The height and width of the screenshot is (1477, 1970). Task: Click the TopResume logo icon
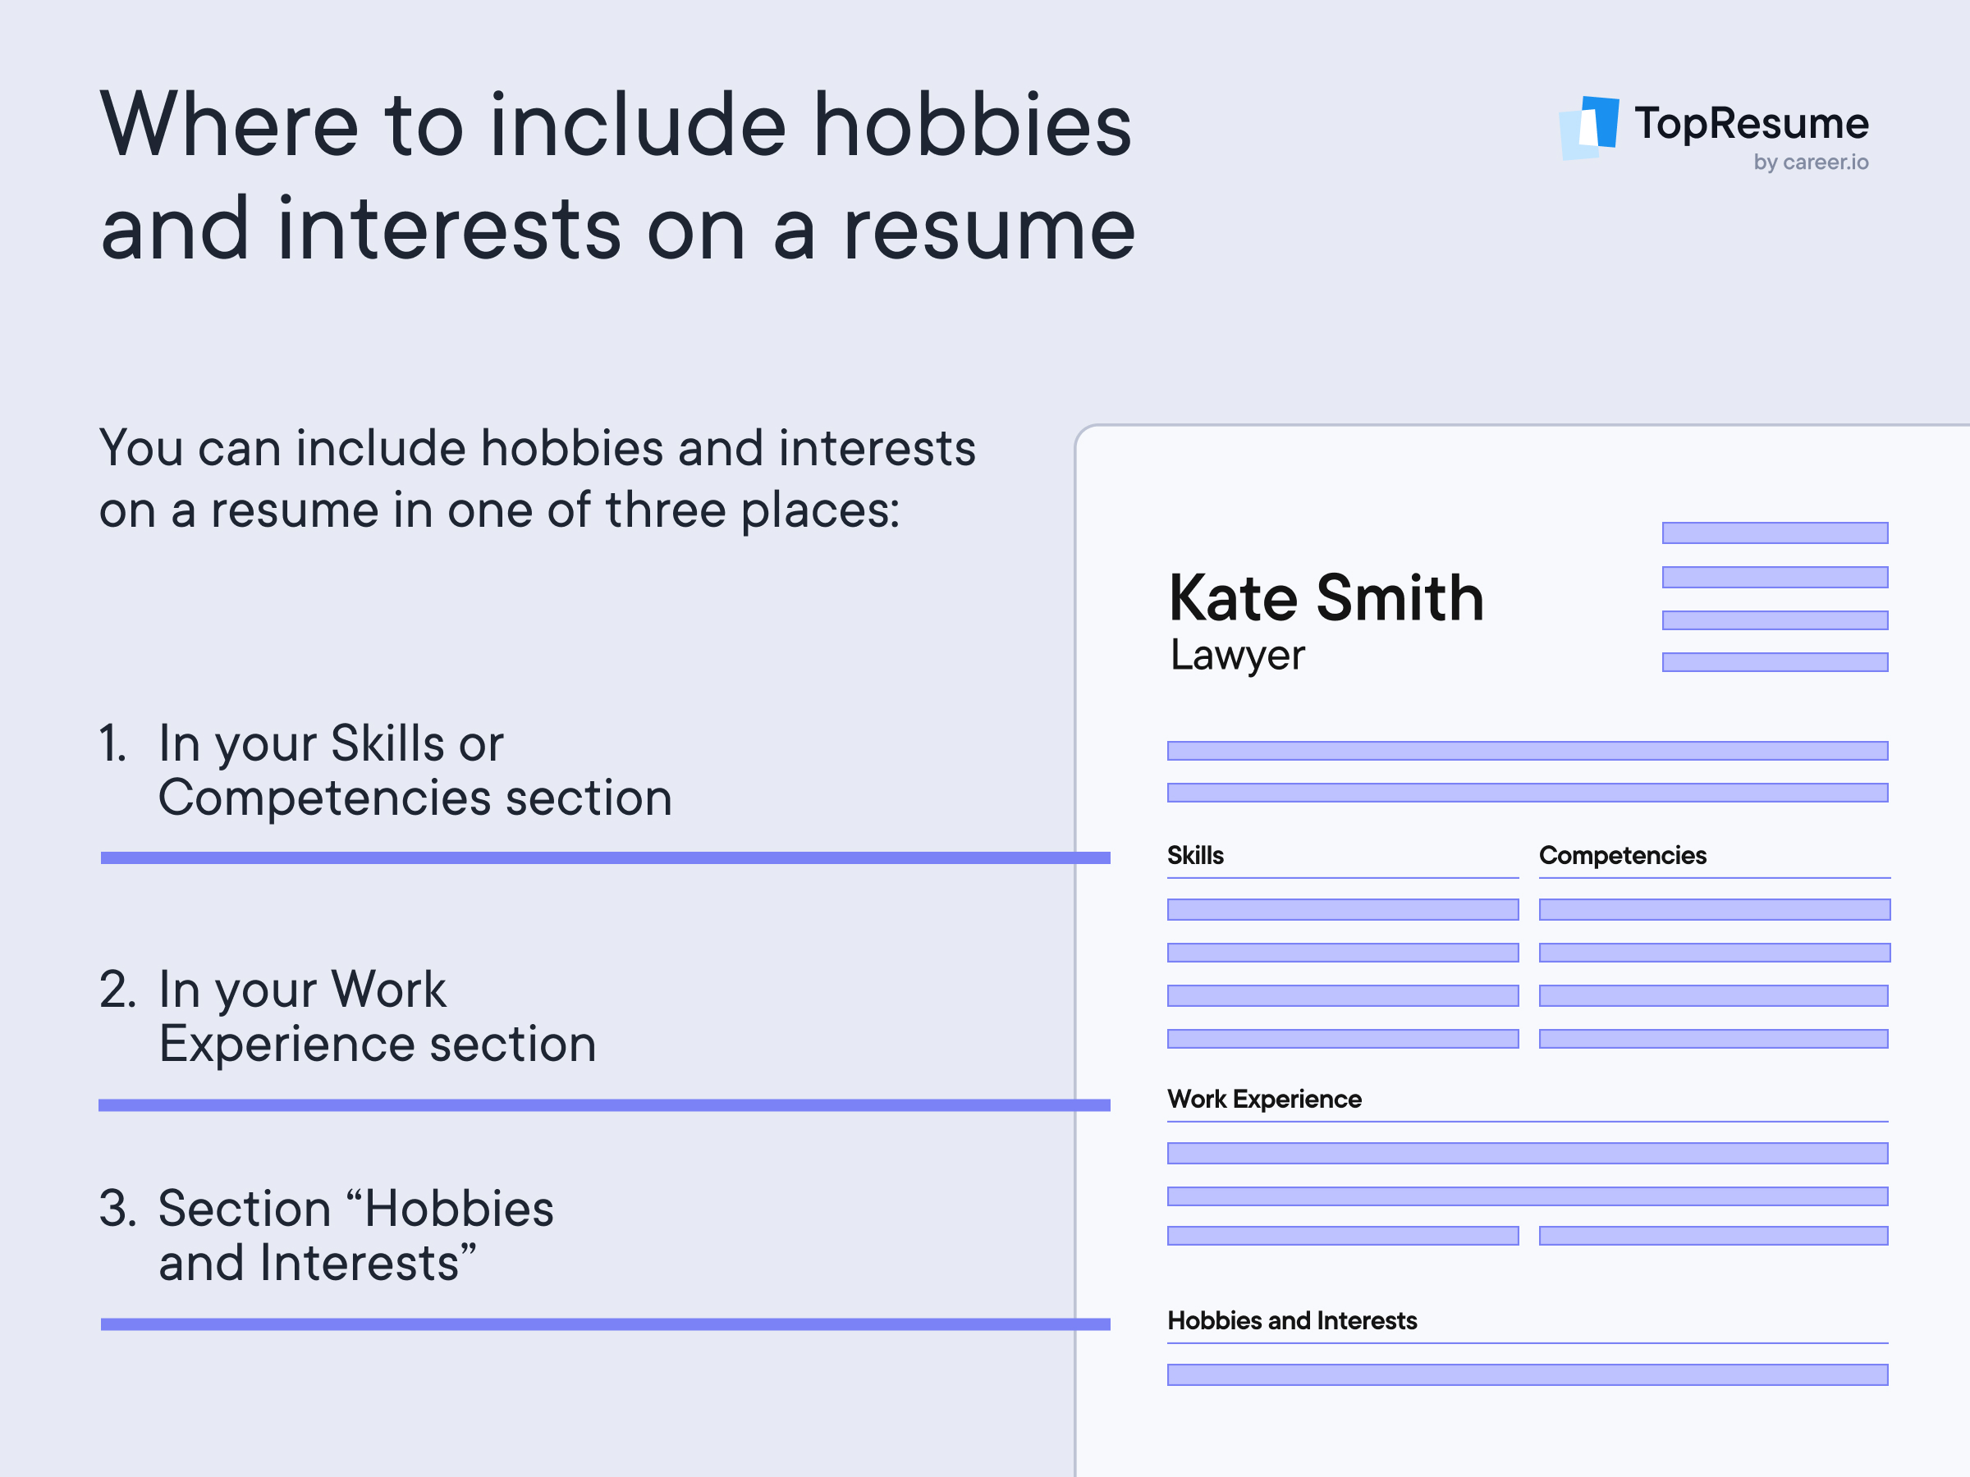pyautogui.click(x=1590, y=128)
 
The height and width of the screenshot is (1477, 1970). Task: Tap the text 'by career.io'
pyautogui.click(x=1811, y=162)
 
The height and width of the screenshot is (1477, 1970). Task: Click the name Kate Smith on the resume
pyautogui.click(x=1326, y=597)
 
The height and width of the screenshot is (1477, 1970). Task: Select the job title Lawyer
pyautogui.click(x=1237, y=656)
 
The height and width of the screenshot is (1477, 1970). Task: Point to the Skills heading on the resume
pyautogui.click(x=1195, y=856)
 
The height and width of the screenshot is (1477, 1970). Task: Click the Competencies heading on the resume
pyautogui.click(x=1623, y=856)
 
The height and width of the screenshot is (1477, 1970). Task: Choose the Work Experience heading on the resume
pyautogui.click(x=1265, y=1099)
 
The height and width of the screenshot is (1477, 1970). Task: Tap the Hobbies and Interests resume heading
pyautogui.click(x=1292, y=1320)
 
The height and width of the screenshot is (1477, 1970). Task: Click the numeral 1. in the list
pyautogui.click(x=113, y=743)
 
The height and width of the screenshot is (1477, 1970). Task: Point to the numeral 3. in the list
pyautogui.click(x=117, y=1209)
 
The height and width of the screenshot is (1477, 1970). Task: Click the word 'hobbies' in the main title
pyautogui.click(x=973, y=125)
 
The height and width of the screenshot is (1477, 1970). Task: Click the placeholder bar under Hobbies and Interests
pyautogui.click(x=1528, y=1374)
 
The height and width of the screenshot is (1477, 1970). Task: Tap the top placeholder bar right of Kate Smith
pyautogui.click(x=1775, y=533)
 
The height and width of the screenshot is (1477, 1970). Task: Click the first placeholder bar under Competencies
pyautogui.click(x=1715, y=909)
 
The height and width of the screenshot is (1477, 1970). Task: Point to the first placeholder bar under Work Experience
pyautogui.click(x=1528, y=1153)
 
